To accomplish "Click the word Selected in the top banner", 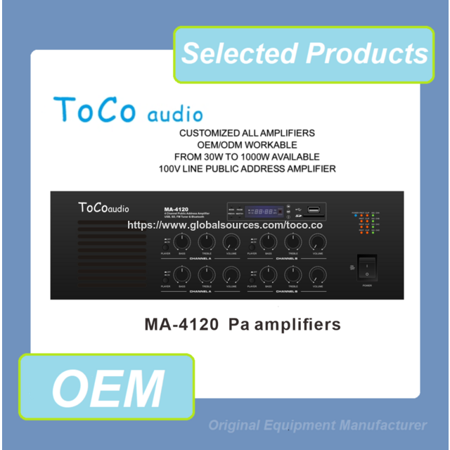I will point(239,54).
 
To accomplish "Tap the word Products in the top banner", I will point(367,54).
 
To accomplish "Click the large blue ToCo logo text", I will point(96,110).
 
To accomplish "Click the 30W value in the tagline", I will point(236,157).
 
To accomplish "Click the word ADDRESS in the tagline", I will point(266,169).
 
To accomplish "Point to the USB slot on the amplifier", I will point(314,210).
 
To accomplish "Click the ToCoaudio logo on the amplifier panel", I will point(103,208).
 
